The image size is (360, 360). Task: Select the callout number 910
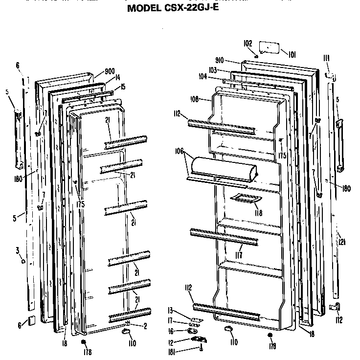pyautogui.click(x=219, y=60)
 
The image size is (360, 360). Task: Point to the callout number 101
pyautogui.click(x=292, y=54)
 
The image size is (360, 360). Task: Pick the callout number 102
pyautogui.click(x=247, y=43)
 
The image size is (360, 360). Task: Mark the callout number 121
pyautogui.click(x=341, y=242)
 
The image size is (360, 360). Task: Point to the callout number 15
pyautogui.click(x=123, y=87)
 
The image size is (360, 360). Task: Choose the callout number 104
pyautogui.click(x=202, y=77)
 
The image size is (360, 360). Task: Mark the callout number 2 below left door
pyautogui.click(x=145, y=326)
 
